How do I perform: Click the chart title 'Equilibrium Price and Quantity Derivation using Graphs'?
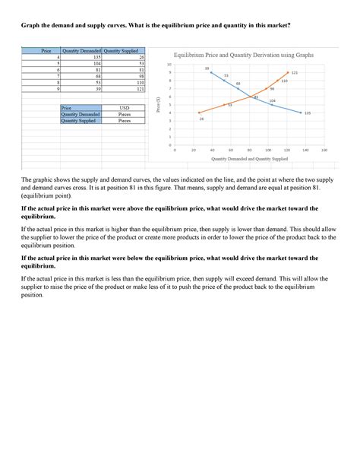[243, 55]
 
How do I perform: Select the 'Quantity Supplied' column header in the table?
[122, 50]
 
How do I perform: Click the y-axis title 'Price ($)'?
[157, 105]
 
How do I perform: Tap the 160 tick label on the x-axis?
[324, 151]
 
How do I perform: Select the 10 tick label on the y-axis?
[169, 65]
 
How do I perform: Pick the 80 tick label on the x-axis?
[249, 151]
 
